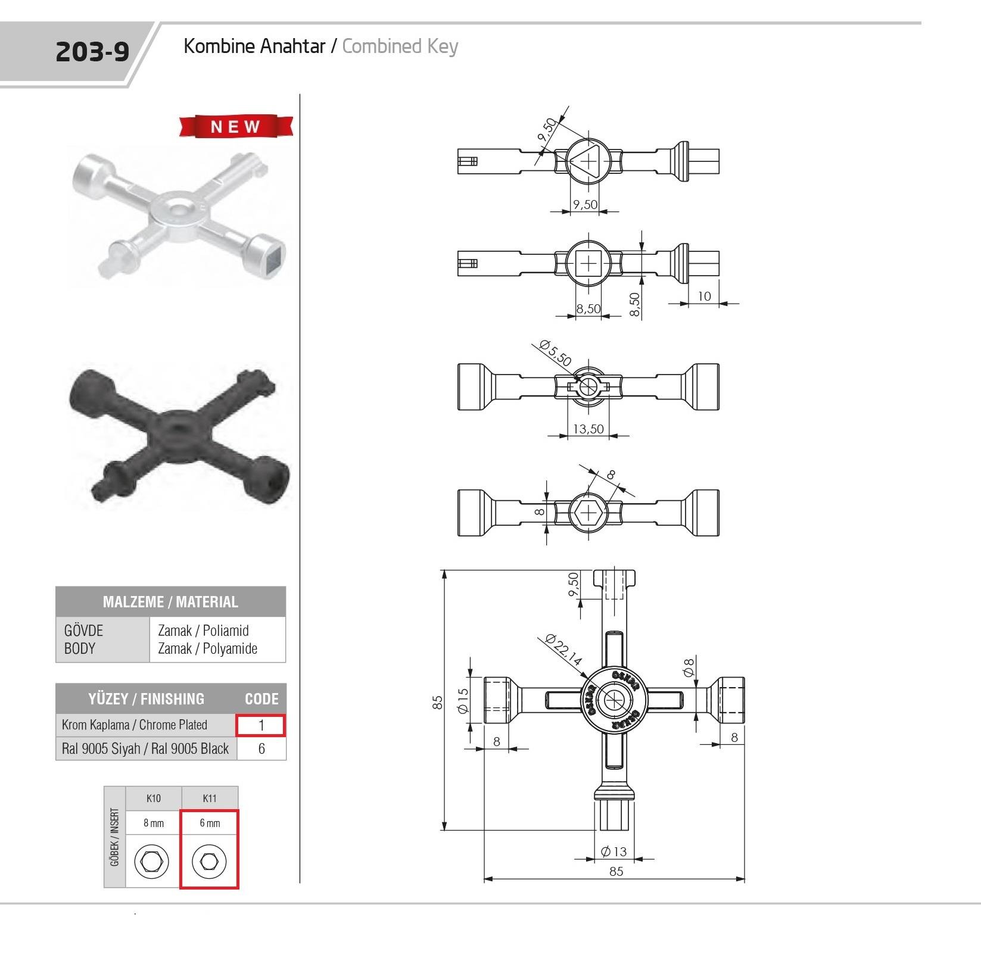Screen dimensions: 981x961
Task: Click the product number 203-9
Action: point(92,52)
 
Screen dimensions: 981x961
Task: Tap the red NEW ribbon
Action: point(236,126)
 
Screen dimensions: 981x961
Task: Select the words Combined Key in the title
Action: point(400,46)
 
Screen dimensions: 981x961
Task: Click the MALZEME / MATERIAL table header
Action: point(170,601)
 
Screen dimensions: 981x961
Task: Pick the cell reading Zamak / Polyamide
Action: point(207,648)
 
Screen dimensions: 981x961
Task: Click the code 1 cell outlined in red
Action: point(261,725)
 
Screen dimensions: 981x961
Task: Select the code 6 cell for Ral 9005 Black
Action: point(261,748)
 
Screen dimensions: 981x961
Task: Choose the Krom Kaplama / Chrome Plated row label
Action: point(135,725)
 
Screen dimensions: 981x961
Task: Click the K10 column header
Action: point(154,798)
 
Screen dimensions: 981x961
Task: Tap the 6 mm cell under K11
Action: point(210,823)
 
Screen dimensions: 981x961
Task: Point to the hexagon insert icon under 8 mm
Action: point(152,861)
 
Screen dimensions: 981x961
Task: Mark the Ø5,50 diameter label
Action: point(555,352)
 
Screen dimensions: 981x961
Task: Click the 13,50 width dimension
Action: point(588,429)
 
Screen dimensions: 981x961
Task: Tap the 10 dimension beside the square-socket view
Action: point(704,296)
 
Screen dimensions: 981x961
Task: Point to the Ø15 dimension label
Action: point(463,700)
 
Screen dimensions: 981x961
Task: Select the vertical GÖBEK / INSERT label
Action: point(115,837)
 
